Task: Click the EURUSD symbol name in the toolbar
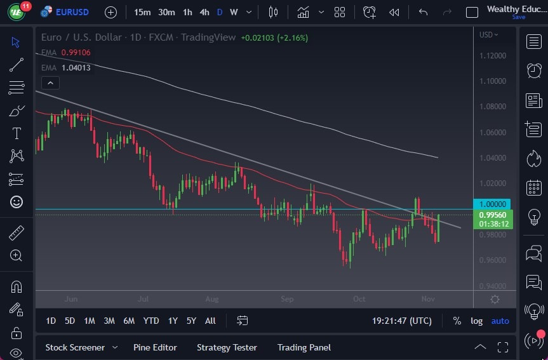coord(72,12)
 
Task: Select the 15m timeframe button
coord(143,12)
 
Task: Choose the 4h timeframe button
coord(204,12)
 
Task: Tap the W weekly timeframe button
coord(234,12)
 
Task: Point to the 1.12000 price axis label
coord(493,56)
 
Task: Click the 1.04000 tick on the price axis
coord(493,158)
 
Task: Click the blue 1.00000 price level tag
coord(493,204)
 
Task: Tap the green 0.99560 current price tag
coord(493,215)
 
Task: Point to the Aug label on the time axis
coord(212,298)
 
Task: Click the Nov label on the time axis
coord(428,298)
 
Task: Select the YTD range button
coord(151,321)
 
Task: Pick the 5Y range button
coord(191,321)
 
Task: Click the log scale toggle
coord(476,321)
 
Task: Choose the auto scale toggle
coord(500,321)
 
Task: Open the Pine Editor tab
coord(155,347)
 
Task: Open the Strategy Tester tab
coord(227,347)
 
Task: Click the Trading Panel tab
coord(304,347)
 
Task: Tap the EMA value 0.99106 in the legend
coord(76,53)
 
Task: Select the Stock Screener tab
coord(75,347)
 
